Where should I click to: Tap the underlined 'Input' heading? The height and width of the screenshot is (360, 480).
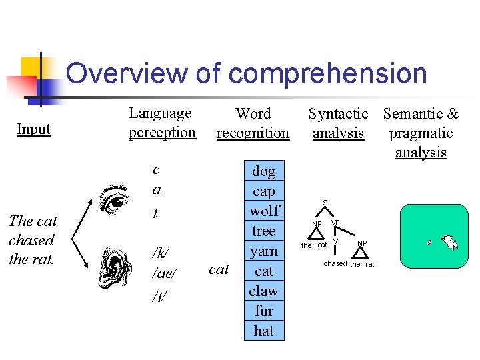[x=33, y=129]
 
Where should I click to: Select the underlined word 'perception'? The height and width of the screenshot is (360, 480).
[x=162, y=132]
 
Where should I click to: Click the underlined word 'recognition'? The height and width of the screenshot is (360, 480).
[x=253, y=133]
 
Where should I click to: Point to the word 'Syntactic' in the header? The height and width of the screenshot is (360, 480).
[x=338, y=114]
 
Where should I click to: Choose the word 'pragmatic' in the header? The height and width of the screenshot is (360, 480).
[x=421, y=133]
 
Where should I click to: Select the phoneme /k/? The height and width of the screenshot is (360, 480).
[x=161, y=253]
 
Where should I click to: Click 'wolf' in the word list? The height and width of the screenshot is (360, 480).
[x=264, y=211]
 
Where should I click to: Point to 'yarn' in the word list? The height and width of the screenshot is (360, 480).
[x=264, y=251]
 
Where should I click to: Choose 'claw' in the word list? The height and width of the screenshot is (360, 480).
[x=264, y=291]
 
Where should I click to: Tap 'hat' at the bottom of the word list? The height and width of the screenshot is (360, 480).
[x=264, y=331]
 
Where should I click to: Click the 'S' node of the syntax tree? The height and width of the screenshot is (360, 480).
[x=325, y=202]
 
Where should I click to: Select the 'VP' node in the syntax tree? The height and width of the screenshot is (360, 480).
[x=335, y=223]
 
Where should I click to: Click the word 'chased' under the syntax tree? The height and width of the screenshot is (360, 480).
[x=335, y=264]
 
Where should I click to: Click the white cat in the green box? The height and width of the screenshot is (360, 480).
[x=449, y=241]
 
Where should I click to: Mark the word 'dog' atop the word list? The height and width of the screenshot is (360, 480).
[x=264, y=171]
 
